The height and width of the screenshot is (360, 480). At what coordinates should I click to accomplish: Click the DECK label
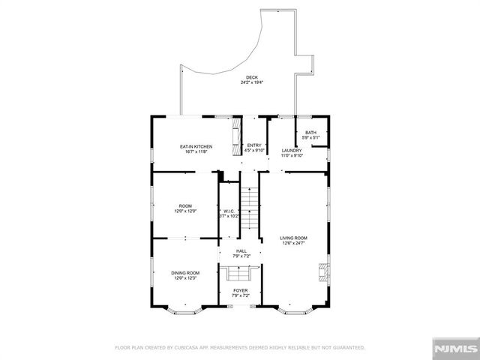click(251, 78)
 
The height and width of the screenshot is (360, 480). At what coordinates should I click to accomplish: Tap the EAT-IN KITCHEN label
click(195, 145)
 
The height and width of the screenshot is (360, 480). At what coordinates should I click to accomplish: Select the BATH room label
click(310, 133)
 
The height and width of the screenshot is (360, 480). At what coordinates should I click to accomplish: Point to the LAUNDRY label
click(292, 151)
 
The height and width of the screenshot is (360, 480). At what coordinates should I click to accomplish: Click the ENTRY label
click(255, 145)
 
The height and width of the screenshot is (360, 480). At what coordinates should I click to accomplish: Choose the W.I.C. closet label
click(229, 211)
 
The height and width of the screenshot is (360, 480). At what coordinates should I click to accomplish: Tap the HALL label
click(241, 251)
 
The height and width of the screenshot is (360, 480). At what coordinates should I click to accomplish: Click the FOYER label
click(241, 290)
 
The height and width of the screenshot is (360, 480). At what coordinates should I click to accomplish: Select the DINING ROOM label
click(185, 273)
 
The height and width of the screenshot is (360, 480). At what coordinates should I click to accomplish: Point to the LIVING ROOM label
click(294, 238)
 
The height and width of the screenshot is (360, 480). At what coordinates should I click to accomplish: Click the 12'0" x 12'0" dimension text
click(185, 211)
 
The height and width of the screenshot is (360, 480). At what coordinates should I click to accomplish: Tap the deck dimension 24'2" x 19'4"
click(251, 83)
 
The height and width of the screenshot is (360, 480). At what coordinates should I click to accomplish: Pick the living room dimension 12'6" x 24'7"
click(294, 243)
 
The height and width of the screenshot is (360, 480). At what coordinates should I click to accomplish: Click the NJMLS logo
click(455, 348)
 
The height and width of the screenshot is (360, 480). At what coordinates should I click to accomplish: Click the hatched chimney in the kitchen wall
click(234, 134)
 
